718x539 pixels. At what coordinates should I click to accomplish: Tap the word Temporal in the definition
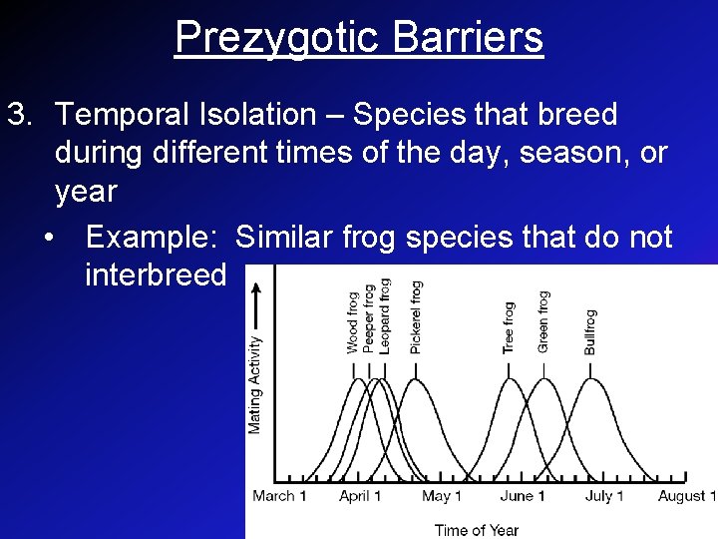point(130,115)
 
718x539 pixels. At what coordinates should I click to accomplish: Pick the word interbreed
point(156,274)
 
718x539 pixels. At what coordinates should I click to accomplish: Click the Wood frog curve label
point(353,320)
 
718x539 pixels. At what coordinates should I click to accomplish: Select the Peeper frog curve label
point(369,317)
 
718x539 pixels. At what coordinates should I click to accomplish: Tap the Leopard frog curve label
point(385,315)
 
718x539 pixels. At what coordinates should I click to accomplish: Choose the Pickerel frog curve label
point(416,316)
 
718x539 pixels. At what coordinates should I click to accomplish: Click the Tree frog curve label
point(510,327)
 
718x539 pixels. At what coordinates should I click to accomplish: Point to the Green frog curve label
point(543,321)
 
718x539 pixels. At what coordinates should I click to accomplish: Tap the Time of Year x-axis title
point(476,529)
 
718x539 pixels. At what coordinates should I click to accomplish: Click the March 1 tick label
point(279,496)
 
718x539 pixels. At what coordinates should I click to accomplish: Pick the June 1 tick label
point(524,496)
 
